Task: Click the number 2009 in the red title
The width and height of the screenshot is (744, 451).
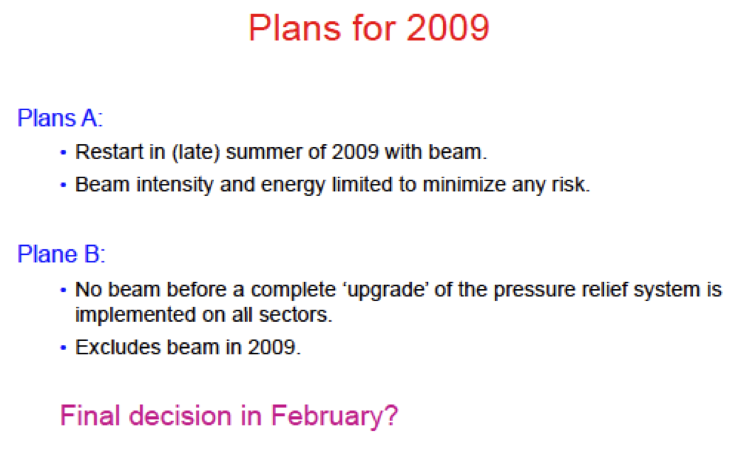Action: coord(447,28)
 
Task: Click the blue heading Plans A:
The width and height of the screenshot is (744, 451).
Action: coord(60,118)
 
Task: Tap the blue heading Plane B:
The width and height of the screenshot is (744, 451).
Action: coord(61,254)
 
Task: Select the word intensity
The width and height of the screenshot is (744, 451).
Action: coord(175,185)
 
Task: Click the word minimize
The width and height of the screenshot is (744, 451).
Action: coord(464,184)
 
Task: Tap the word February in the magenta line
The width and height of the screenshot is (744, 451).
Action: coord(334,416)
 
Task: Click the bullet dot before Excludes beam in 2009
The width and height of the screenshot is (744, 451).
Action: coord(63,348)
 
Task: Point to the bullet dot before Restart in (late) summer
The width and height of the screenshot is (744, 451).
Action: coord(63,153)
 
